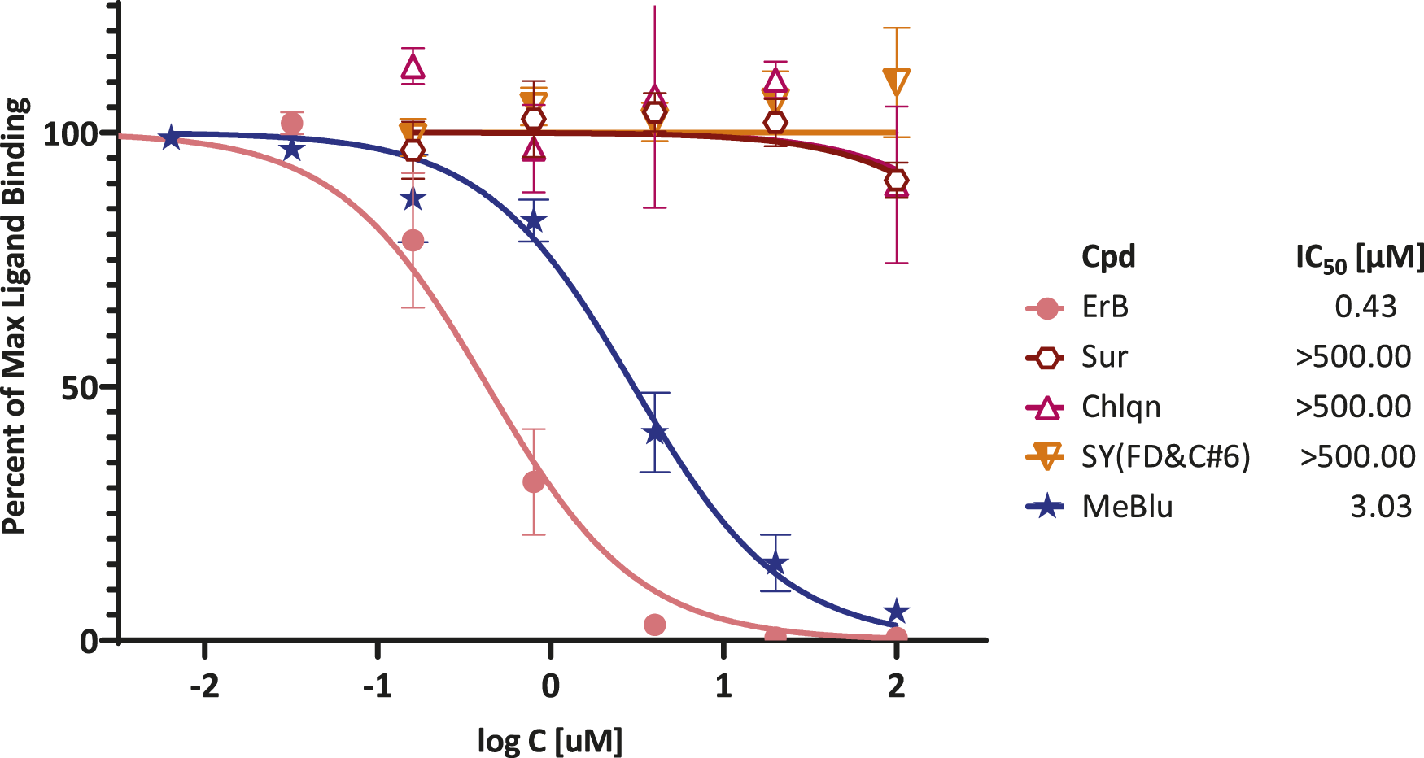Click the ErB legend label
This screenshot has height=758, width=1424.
click(1105, 307)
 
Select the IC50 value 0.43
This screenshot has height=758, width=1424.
click(1365, 307)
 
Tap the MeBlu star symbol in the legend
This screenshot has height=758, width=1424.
click(1046, 507)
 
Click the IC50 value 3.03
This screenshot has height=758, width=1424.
click(1380, 507)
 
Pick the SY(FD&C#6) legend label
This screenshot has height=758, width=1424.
click(1165, 457)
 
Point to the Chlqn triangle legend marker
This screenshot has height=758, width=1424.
click(1046, 407)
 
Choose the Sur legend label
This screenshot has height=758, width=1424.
click(1104, 357)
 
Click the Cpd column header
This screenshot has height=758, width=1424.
click(1108, 257)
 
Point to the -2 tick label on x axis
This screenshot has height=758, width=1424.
click(204, 686)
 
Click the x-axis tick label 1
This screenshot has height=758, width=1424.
click(723, 686)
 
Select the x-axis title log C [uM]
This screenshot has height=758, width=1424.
click(550, 740)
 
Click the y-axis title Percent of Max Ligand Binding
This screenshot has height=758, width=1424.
click(16, 316)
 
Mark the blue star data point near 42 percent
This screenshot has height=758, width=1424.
click(655, 433)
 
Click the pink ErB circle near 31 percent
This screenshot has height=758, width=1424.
click(534, 481)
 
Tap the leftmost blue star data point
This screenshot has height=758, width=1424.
click(170, 138)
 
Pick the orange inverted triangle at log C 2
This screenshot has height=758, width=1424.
click(896, 82)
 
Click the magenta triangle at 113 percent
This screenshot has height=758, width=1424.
click(413, 67)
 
